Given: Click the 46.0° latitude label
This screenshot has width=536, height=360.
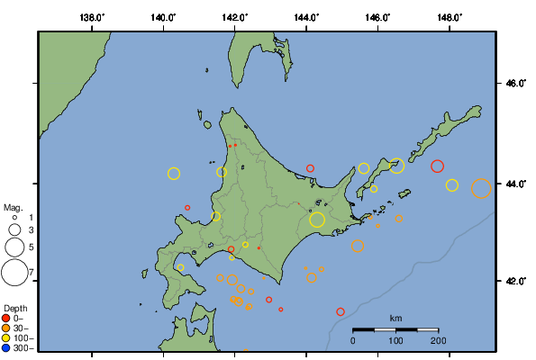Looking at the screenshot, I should click(514, 84).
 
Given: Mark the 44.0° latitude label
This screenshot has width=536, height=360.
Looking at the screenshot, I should click(514, 184).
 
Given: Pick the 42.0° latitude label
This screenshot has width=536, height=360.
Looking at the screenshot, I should click(514, 281).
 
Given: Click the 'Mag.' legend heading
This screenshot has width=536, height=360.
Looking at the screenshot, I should click(13, 208).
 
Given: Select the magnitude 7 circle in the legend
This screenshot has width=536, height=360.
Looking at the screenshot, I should click(14, 272).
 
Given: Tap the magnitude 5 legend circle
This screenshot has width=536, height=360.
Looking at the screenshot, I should click(14, 246).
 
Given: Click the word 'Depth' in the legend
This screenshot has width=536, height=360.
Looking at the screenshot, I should click(15, 308).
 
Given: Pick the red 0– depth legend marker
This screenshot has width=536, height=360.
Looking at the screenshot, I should click(6, 318).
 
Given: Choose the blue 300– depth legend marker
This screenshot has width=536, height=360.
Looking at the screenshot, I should click(6, 347).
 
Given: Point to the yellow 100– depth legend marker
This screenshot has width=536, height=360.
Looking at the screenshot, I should click(6, 337).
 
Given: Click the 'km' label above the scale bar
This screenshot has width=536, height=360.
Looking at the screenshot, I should click(395, 319).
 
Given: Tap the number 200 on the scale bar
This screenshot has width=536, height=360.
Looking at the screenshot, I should click(439, 340).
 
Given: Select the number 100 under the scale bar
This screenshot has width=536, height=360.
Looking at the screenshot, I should click(395, 340).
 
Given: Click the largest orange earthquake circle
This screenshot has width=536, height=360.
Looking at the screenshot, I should click(481, 188).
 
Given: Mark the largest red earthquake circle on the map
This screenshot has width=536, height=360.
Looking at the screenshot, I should click(438, 166).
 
